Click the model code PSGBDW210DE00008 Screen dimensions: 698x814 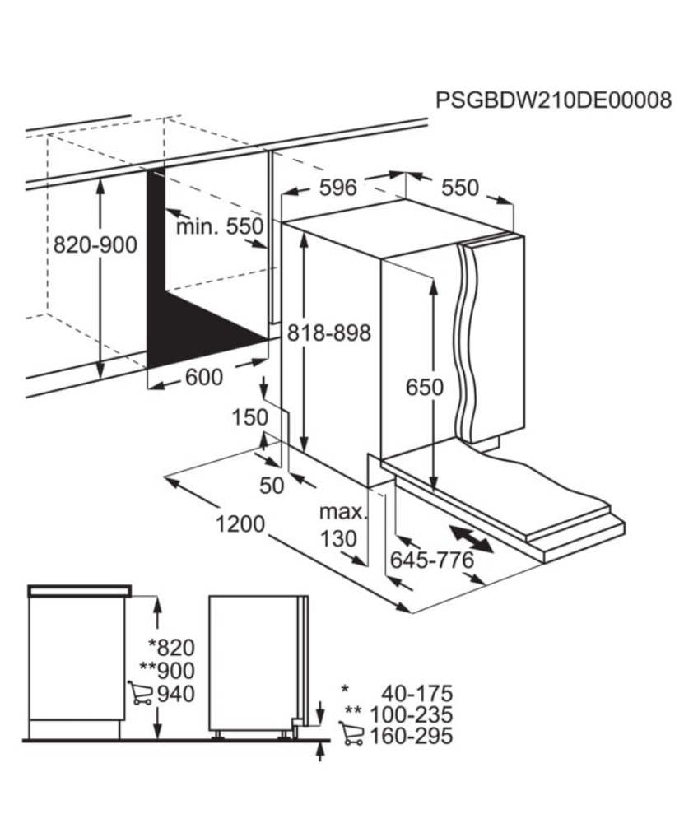[x=553, y=100]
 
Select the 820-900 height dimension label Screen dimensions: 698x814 [x=95, y=245]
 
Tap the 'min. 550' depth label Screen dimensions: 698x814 [x=221, y=227]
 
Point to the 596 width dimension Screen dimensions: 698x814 [x=338, y=188]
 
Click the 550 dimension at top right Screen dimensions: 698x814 [x=460, y=188]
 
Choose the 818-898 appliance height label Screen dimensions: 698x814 [x=329, y=333]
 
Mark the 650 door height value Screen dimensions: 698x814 [x=425, y=388]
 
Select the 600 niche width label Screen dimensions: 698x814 [x=204, y=378]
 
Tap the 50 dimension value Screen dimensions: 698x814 [x=272, y=486]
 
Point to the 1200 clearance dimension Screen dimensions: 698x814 [x=240, y=525]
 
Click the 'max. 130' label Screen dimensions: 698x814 [x=342, y=525]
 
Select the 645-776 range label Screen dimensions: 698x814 [x=432, y=560]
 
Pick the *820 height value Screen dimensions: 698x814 [x=172, y=648]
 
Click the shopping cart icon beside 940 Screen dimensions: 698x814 [x=140, y=694]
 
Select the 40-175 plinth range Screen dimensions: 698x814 [x=417, y=694]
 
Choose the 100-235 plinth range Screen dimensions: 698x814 [x=411, y=715]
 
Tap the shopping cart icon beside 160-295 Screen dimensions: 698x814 [x=351, y=734]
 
